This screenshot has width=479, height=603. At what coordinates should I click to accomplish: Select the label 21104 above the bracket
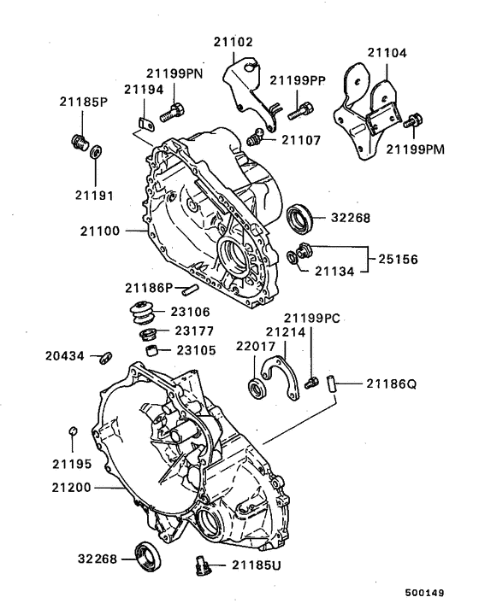click(388, 52)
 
